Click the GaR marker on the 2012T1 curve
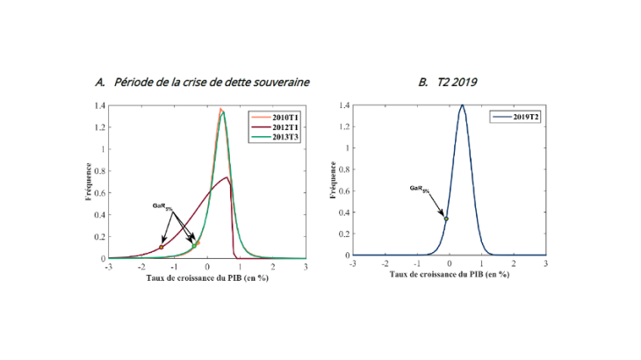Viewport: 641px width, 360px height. tap(162, 248)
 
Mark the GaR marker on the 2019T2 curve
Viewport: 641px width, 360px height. tap(446, 219)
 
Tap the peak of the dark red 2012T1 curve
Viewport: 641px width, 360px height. tap(227, 178)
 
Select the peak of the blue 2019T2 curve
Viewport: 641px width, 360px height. tap(462, 105)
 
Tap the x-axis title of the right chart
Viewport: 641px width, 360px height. tap(448, 274)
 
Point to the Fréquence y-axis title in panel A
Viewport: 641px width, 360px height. tap(89, 182)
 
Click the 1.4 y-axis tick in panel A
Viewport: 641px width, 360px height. tap(99, 105)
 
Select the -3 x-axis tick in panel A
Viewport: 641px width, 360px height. tap(108, 266)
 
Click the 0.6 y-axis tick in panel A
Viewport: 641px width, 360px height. tap(99, 192)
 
